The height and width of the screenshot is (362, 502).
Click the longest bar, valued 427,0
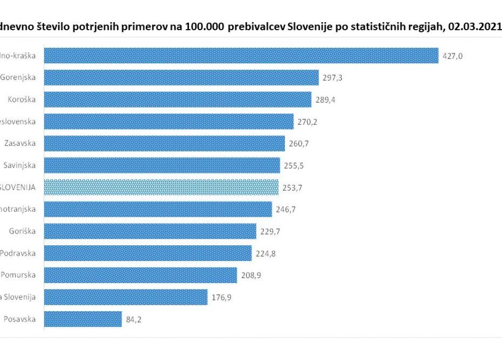click(x=241, y=56)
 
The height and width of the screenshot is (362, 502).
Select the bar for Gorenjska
click(x=181, y=78)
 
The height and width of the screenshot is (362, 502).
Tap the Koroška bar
click(x=177, y=99)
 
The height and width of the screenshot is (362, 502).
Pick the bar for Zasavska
click(x=164, y=144)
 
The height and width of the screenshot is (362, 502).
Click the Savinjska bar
click(x=161, y=165)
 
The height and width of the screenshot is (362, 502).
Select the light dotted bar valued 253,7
click(x=161, y=187)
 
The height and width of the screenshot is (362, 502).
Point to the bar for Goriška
click(x=150, y=231)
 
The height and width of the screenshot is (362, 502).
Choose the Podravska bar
click(x=147, y=253)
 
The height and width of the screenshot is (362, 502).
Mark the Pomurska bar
click(x=140, y=275)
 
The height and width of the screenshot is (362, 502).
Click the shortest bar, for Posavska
click(x=83, y=319)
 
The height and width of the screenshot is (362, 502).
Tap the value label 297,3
click(x=333, y=78)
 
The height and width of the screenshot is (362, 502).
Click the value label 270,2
click(x=308, y=122)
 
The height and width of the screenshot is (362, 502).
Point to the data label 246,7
click(x=286, y=210)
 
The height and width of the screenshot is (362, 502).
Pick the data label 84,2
click(x=133, y=319)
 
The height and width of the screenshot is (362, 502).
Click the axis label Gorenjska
click(x=18, y=77)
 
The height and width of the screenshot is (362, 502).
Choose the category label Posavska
click(x=20, y=319)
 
